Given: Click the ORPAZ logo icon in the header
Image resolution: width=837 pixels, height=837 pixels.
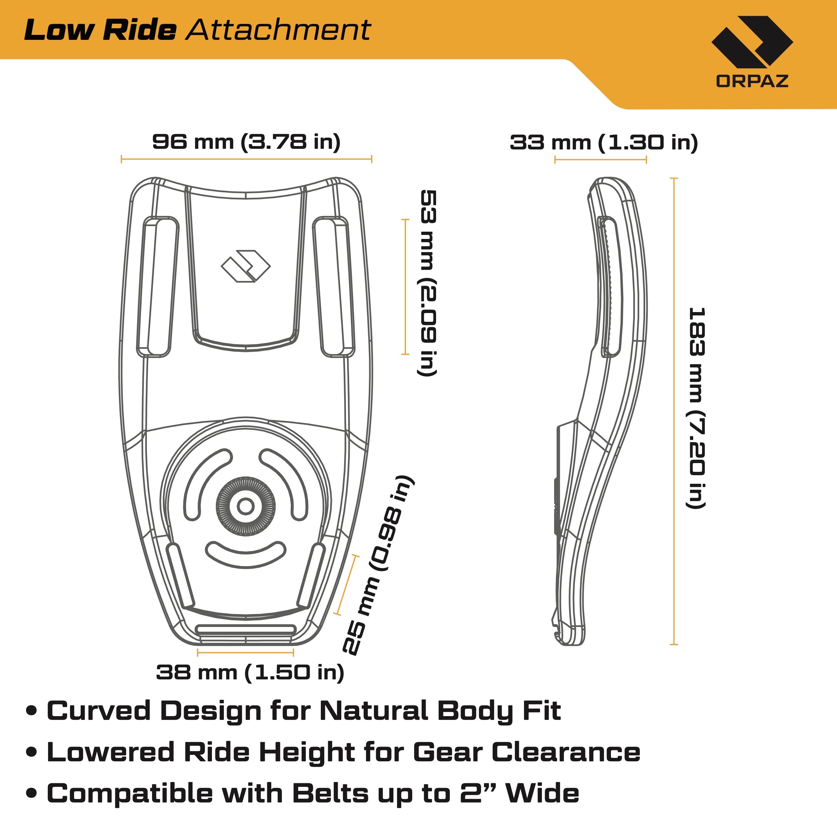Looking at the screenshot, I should pyautogui.click(x=752, y=42).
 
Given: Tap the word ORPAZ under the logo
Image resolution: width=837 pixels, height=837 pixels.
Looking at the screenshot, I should pyautogui.click(x=752, y=81).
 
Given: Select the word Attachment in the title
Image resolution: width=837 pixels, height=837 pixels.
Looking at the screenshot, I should pyautogui.click(x=278, y=30).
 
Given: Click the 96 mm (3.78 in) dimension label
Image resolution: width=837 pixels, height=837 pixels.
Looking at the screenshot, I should pyautogui.click(x=246, y=142).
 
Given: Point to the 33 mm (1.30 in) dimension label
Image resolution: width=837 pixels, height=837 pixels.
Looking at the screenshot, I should pyautogui.click(x=603, y=143).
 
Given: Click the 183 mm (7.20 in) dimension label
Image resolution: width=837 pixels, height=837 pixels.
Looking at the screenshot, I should pyautogui.click(x=697, y=407).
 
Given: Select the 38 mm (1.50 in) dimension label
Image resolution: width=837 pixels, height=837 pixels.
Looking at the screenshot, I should pyautogui.click(x=250, y=672).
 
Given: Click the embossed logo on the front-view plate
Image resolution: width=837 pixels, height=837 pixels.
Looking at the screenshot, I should pyautogui.click(x=246, y=266).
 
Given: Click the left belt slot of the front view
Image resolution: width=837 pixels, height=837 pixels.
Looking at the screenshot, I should pyautogui.click(x=158, y=287).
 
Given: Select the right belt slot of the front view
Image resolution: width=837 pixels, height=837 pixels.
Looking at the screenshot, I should pyautogui.click(x=334, y=287).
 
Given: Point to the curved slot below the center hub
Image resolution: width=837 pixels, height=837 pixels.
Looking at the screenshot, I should pyautogui.click(x=246, y=554).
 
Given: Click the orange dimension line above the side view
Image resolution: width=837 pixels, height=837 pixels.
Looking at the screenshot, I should pyautogui.click(x=601, y=160).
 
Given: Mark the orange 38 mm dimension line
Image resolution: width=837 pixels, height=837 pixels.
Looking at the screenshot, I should pyautogui.click(x=245, y=652).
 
